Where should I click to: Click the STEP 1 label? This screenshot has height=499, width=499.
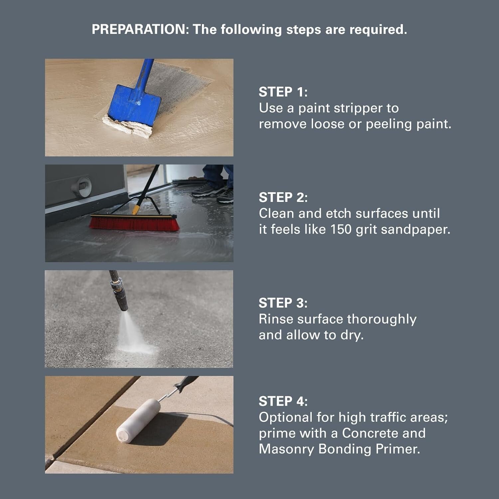pos(283,92)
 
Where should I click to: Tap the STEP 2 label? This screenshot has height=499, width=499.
pos(283,197)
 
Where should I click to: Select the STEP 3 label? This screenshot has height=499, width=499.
pos(283,303)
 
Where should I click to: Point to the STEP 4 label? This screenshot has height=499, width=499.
pos(283,401)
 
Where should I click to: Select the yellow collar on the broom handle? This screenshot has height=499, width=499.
pos(136,210)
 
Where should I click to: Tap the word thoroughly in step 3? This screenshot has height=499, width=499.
pos(382,319)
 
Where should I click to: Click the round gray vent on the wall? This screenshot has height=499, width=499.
pos(81,187)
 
